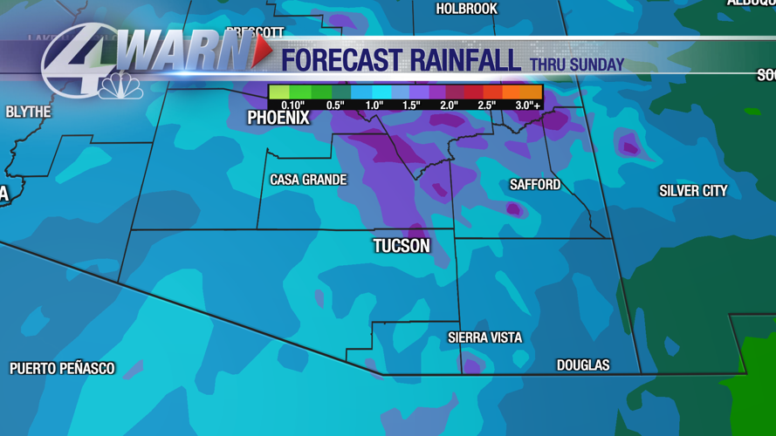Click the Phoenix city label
click(x=278, y=119)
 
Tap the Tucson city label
click(x=402, y=246)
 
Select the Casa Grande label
click(x=308, y=180)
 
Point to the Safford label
click(x=535, y=185)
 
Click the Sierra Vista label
click(x=485, y=337)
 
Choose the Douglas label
click(x=583, y=365)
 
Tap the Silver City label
click(x=693, y=191)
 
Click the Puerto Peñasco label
click(x=62, y=369)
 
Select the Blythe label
click(x=28, y=112)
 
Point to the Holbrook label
click(x=466, y=9)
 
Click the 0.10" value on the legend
click(x=292, y=106)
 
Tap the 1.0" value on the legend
click(x=374, y=106)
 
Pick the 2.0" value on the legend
click(x=449, y=106)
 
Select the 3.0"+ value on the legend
click(x=527, y=106)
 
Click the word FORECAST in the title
click(x=340, y=61)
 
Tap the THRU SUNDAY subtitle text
click(x=577, y=65)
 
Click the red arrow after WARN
click(x=260, y=54)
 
